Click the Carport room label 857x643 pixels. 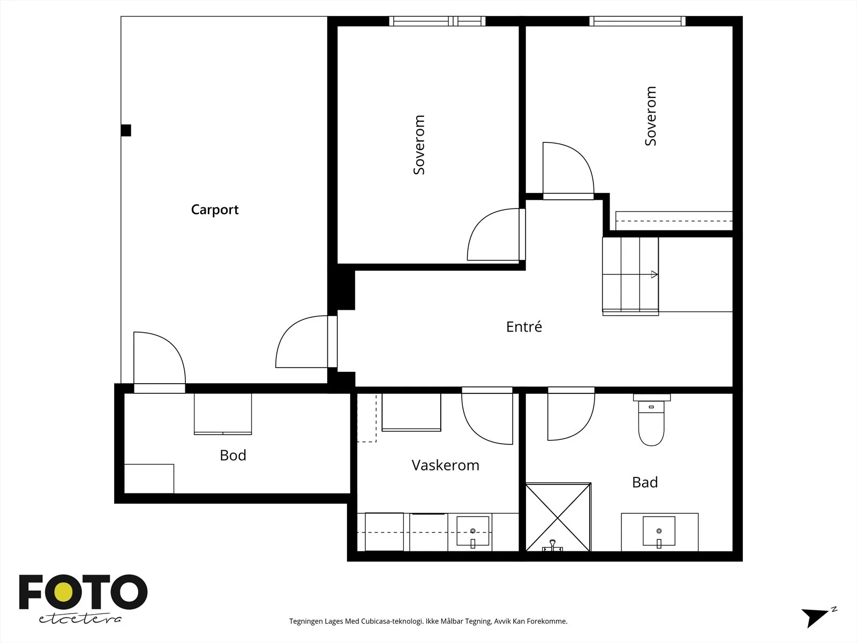(x=214, y=210)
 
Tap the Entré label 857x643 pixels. (x=524, y=327)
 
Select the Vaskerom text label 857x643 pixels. (x=445, y=465)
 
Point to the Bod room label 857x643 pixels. (x=232, y=455)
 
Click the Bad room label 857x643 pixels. (x=644, y=483)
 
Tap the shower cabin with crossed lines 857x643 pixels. (x=558, y=517)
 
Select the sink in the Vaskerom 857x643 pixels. (x=472, y=532)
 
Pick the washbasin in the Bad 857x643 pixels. (x=659, y=532)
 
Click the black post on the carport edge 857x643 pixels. (x=126, y=130)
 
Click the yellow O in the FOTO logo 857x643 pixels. (x=63, y=592)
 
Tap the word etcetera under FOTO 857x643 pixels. (x=80, y=619)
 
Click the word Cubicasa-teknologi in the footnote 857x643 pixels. (x=392, y=621)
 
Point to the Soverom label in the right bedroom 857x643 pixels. (x=650, y=116)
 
